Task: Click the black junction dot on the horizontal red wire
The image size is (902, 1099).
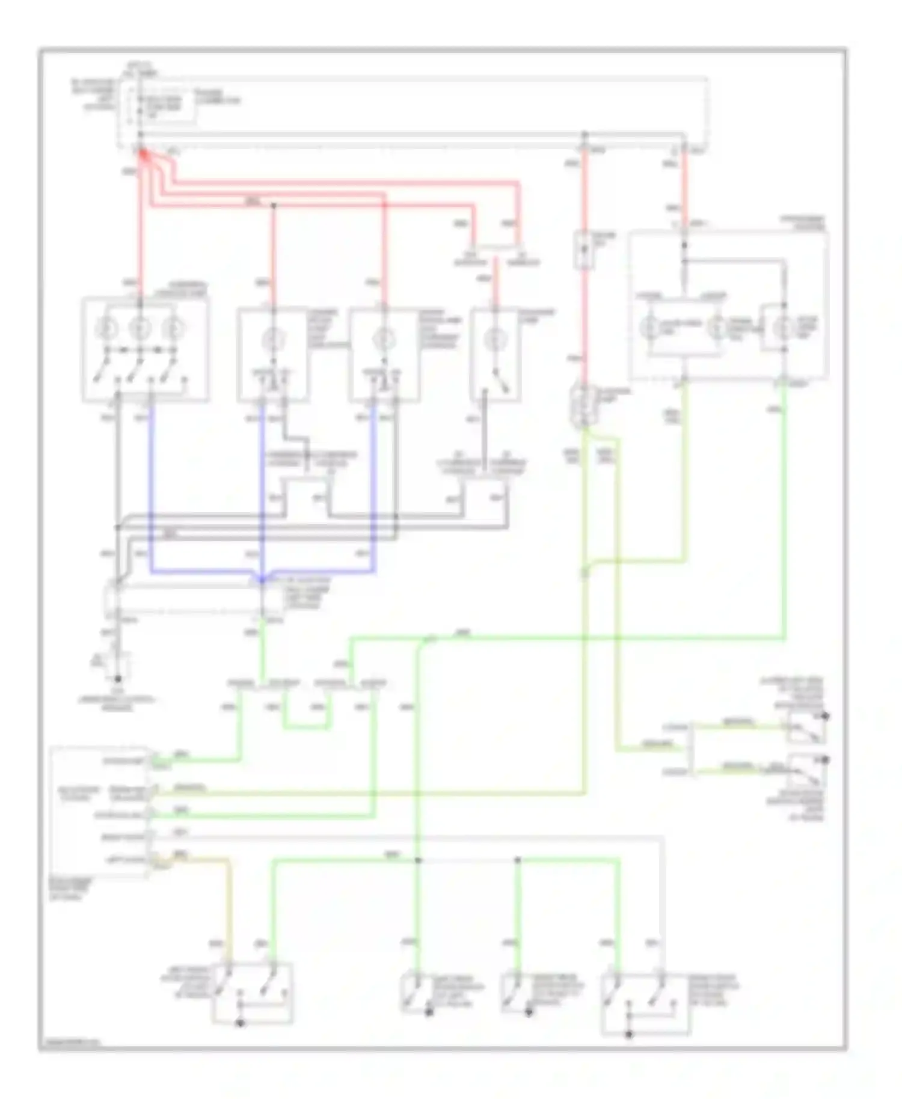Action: point(273,206)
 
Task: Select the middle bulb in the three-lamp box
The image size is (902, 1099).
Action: point(140,328)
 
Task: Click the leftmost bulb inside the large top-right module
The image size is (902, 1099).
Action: point(651,328)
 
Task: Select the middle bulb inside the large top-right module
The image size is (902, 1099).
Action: point(717,328)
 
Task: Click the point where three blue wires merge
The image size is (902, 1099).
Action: point(262,580)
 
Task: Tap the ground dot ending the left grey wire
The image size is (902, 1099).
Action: point(118,679)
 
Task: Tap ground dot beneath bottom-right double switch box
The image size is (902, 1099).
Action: point(629,1034)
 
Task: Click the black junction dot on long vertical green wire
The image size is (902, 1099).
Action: point(419,860)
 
